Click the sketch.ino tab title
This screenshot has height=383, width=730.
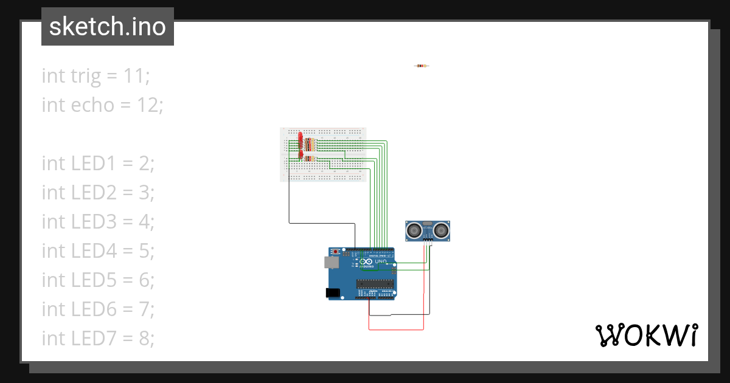click(107, 27)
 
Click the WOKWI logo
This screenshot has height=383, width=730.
click(646, 335)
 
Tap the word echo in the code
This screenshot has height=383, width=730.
click(92, 105)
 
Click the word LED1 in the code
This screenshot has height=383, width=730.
click(93, 164)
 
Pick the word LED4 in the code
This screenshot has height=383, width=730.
click(93, 251)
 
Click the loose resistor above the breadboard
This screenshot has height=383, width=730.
click(421, 66)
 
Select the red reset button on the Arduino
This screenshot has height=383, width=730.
click(335, 251)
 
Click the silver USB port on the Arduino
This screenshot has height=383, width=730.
click(332, 262)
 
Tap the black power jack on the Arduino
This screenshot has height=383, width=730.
click(333, 293)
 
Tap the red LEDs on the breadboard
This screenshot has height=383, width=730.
click(300, 143)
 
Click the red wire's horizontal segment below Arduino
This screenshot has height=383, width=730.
click(396, 330)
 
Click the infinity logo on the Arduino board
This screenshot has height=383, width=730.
click(369, 261)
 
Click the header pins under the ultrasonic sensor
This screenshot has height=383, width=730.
click(428, 241)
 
